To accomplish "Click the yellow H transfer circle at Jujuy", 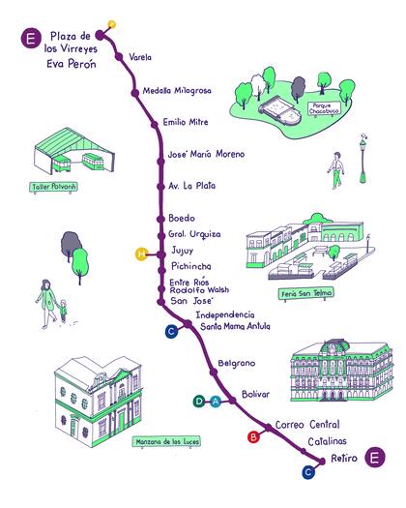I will tap(141, 254).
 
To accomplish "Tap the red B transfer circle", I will tap(254, 437).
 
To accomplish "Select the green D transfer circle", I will tap(200, 402).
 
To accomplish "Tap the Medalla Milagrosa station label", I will tap(176, 91).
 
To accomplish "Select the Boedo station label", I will tap(181, 218).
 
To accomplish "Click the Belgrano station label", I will tap(235, 363).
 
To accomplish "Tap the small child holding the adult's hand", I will tap(65, 312).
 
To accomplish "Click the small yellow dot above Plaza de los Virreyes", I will tap(111, 23).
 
